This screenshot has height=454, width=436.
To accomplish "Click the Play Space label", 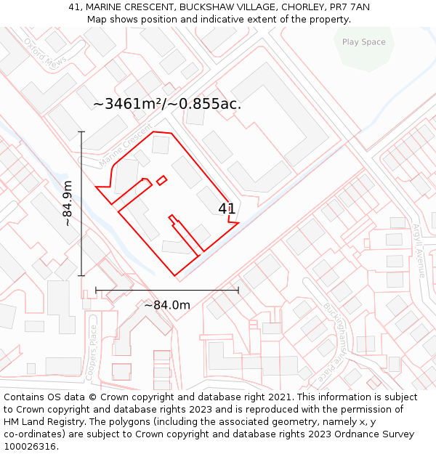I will (363, 42).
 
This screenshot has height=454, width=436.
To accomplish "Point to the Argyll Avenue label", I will (419, 250).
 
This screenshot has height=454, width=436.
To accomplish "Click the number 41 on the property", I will (227, 208).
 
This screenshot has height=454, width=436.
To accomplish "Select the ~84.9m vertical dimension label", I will (67, 203).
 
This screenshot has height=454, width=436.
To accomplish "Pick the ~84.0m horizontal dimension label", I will (166, 305).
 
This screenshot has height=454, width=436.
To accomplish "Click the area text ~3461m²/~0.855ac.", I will (167, 104).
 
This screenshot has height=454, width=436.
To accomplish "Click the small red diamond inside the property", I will (161, 180).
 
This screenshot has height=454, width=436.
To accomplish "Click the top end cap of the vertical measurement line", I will (81, 131).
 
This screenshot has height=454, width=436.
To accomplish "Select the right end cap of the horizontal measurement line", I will (238, 291).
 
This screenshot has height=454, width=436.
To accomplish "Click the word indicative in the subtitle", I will (221, 19).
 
